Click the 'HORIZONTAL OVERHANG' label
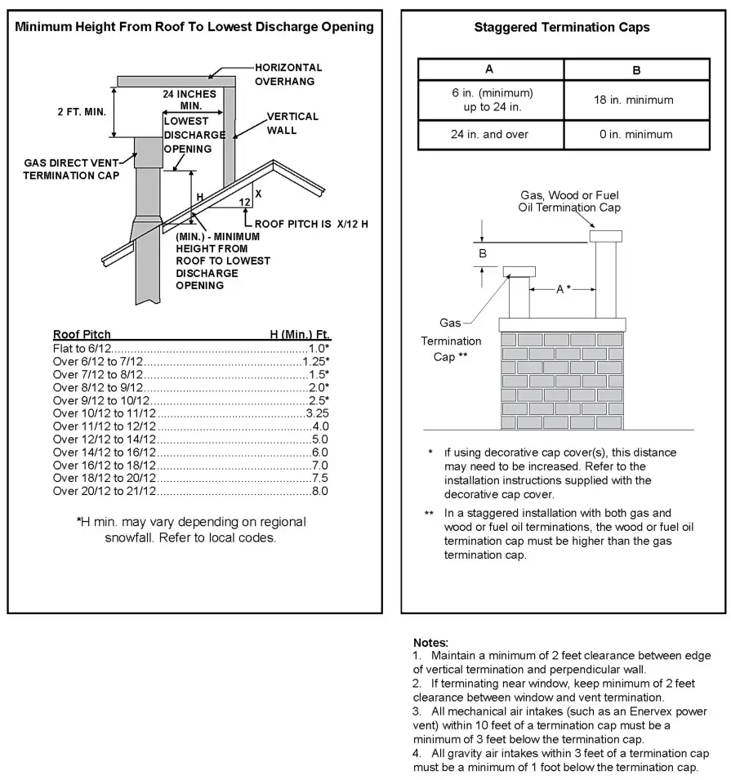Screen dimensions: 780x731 tap(288, 74)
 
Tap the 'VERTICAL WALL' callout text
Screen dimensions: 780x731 tap(292, 123)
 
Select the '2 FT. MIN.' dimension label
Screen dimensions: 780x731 tap(82, 112)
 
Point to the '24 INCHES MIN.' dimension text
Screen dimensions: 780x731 tap(191, 100)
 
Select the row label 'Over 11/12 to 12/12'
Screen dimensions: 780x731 tap(105, 426)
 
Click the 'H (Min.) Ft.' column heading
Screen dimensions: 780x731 tap(300, 335)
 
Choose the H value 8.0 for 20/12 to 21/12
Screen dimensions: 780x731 tap(319, 491)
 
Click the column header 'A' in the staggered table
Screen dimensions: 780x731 tap(489, 69)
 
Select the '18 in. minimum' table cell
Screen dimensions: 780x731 tap(636, 100)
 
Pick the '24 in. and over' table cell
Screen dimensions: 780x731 tap(489, 134)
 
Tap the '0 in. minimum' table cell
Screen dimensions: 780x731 tap(636, 134)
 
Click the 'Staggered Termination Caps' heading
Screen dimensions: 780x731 tap(562, 28)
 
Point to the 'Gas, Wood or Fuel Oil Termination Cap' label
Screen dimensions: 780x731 tap(570, 201)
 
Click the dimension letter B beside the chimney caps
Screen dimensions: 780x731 tap(483, 254)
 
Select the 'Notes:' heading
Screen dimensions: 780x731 tap(430, 643)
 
